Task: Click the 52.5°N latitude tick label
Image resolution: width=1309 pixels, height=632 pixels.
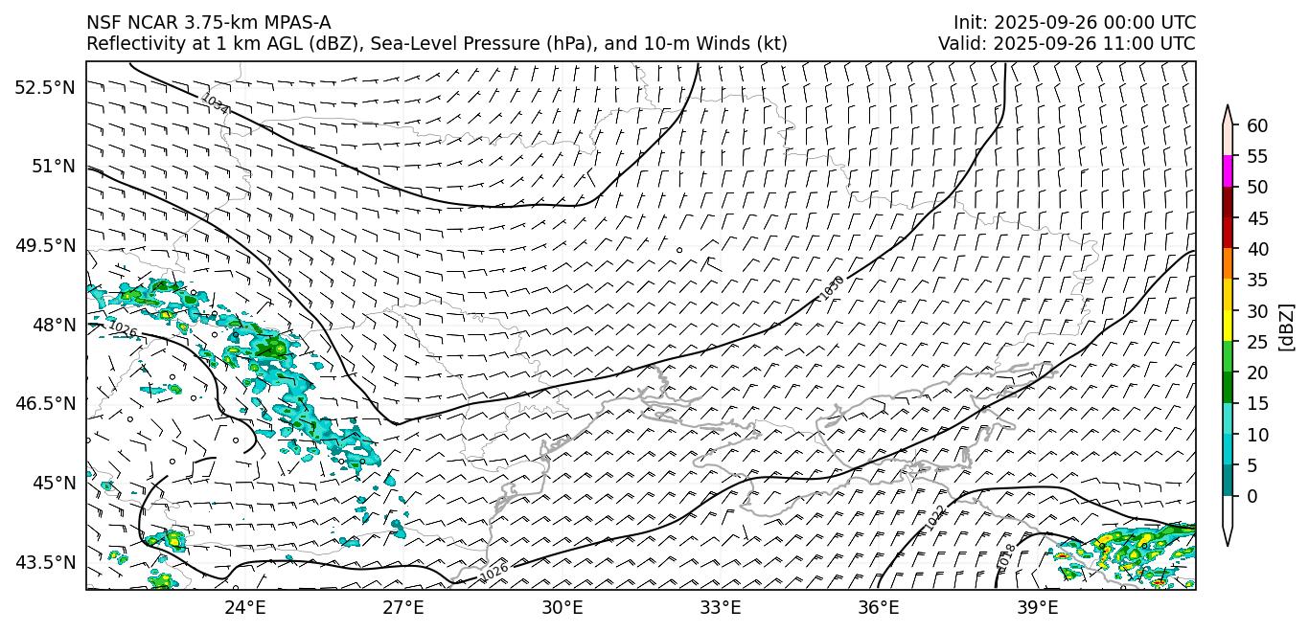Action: [x=44, y=87]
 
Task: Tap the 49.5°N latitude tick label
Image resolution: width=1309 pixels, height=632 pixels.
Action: [x=44, y=245]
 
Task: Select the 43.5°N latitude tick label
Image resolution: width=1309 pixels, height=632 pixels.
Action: [x=44, y=561]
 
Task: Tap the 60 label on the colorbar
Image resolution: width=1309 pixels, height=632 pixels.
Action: [x=1258, y=125]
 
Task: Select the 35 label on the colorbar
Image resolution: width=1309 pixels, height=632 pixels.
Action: [x=1258, y=280]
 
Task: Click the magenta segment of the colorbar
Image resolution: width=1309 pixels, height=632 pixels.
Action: [x=1228, y=171]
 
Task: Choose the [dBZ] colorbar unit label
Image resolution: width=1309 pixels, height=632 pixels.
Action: [x=1287, y=327]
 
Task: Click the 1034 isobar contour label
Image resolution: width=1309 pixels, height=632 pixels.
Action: [x=215, y=103]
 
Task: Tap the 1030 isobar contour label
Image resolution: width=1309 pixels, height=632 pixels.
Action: [x=831, y=287]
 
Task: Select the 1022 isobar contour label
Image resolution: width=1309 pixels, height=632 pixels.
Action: [x=936, y=518]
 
